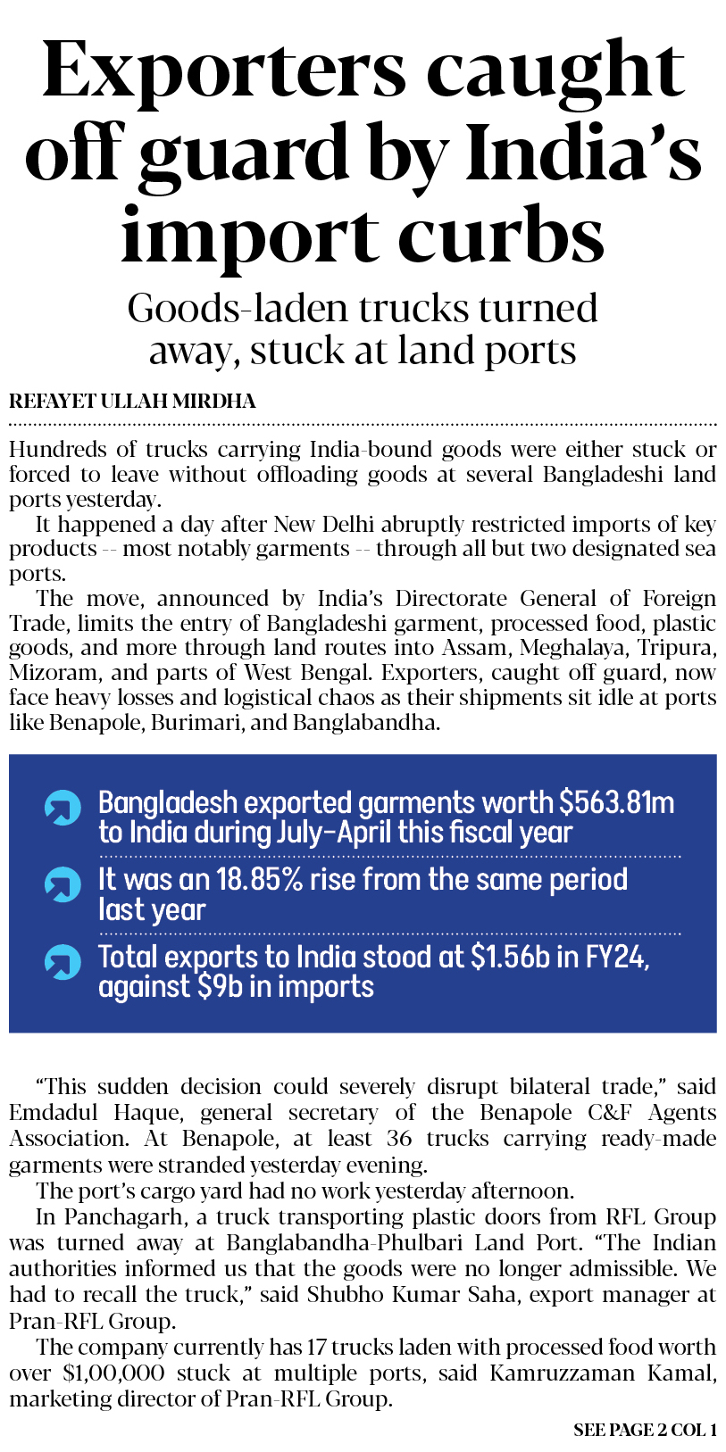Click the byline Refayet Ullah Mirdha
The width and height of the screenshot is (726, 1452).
132,402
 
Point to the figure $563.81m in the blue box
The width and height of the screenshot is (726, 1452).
616,802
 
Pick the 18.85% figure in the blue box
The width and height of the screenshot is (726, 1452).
268,879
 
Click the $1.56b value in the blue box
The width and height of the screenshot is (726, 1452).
510,957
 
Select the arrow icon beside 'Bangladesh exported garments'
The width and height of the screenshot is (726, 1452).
63,808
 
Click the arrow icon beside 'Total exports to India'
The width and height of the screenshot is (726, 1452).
63,962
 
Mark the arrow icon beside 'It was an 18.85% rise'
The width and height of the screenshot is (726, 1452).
63,884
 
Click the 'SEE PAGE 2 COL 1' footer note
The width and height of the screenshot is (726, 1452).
645,1430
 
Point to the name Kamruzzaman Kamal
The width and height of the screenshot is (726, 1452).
603,1373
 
